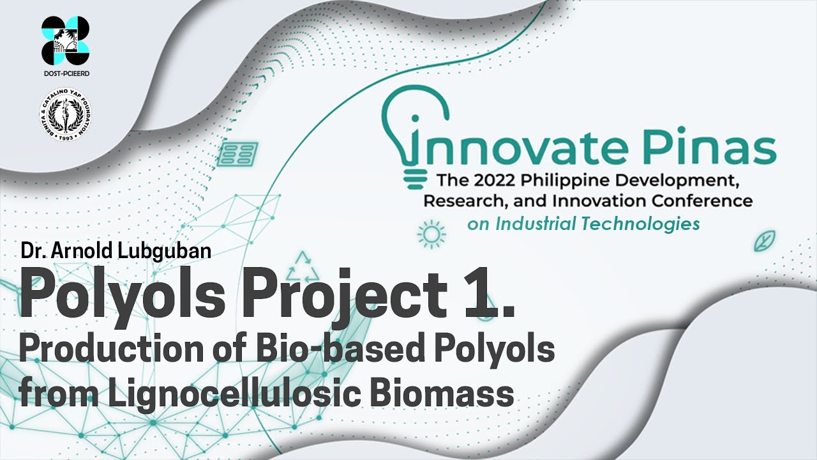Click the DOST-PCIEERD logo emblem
click(65, 40)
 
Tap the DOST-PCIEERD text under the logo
click(65, 73)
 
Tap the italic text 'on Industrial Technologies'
click(583, 224)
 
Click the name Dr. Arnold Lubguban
click(116, 251)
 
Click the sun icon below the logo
click(431, 235)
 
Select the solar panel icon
click(237, 154)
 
